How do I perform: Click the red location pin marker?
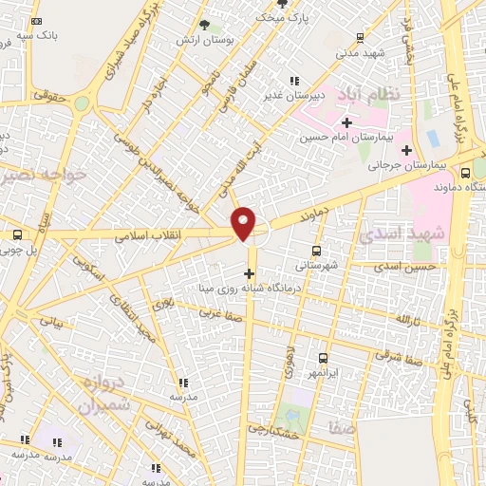coord(244,224)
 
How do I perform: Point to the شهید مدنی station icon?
coord(360,38)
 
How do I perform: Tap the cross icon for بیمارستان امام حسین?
coord(346,122)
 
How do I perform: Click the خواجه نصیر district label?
coord(45,175)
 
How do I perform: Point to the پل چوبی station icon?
coord(17,234)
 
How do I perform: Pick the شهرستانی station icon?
coord(316,252)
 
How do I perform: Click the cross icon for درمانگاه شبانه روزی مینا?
coord(249,275)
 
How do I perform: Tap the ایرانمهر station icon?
coord(324,358)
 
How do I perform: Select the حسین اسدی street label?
coord(407,268)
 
